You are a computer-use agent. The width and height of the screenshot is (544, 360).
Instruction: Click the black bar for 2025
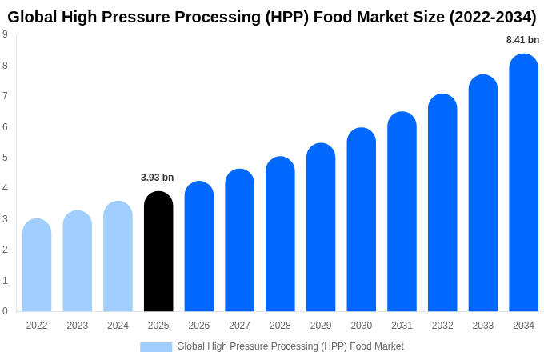tap(158, 252)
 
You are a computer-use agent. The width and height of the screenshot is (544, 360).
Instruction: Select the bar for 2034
tap(523, 184)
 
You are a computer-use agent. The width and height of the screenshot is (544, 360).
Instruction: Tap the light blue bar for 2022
tap(37, 266)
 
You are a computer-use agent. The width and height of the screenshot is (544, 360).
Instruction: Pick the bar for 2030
tap(361, 220)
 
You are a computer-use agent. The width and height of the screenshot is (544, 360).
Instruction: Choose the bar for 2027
tap(239, 241)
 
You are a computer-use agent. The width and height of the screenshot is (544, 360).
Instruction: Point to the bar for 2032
tap(442, 203)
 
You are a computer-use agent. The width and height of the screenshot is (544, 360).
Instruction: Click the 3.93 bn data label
tap(157, 178)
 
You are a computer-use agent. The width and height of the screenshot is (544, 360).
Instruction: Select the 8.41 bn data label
tap(522, 40)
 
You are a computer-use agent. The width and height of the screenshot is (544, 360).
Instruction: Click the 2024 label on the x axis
tap(118, 326)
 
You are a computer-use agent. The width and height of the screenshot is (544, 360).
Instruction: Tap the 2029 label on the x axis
tap(321, 326)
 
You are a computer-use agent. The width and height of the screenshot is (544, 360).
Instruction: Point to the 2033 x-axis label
tap(482, 326)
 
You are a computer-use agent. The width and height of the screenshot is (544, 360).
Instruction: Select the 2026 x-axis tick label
tap(199, 326)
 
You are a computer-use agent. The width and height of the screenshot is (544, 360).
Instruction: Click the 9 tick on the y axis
tap(5, 34)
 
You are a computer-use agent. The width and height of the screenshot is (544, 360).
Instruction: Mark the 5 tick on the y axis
tap(5, 158)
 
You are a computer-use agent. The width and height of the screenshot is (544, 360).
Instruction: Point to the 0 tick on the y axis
tap(5, 311)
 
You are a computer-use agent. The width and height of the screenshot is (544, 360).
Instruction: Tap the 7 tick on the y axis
tap(5, 96)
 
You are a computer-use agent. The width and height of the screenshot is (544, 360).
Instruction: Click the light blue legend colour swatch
tap(156, 346)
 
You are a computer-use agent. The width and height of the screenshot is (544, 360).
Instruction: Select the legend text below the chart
tap(290, 346)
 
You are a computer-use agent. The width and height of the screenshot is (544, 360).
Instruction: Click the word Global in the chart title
tap(34, 17)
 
